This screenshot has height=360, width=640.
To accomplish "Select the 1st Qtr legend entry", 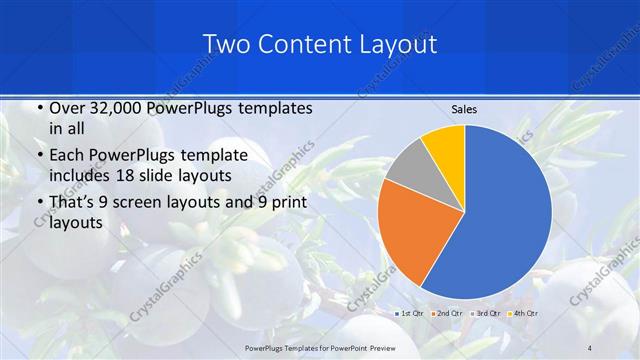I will tap(412, 313).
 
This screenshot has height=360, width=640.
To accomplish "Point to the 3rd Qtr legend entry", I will tap(487, 313).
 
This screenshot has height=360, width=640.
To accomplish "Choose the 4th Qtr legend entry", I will tap(524, 313).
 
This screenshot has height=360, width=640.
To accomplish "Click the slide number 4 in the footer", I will tap(589, 347).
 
